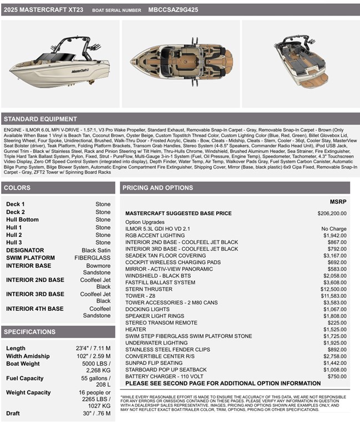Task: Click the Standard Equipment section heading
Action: coord(40,119)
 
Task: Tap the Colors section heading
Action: coord(17,188)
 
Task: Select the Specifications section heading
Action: coord(29,332)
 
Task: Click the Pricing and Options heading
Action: coord(158,188)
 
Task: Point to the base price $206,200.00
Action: coord(332,214)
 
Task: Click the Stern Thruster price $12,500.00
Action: coord(332,289)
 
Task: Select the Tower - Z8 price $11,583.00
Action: coord(332,296)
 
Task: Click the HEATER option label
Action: coord(136,329)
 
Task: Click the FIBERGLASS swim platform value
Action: coord(92,258)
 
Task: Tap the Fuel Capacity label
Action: coord(24,378)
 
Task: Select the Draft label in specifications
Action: coord(13,413)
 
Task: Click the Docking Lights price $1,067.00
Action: coord(334,310)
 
